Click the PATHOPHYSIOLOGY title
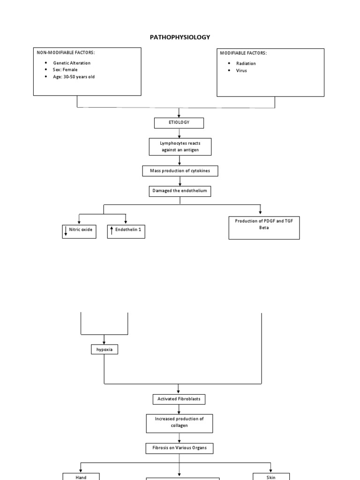[180, 37]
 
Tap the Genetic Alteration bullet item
[72, 63]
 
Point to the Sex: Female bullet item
[65, 70]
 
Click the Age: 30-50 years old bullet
[74, 77]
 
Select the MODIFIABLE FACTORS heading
[243, 53]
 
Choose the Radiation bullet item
[246, 63]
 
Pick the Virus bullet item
[241, 71]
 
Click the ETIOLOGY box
[179, 122]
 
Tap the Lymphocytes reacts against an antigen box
[180, 147]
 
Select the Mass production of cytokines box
[180, 171]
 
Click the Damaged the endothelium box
[180, 191]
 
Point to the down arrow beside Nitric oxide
[66, 231]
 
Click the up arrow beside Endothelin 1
[112, 230]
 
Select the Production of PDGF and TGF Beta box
[264, 227]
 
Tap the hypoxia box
[104, 349]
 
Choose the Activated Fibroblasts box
[179, 399]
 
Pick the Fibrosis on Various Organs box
[179, 449]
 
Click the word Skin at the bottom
[270, 477]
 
